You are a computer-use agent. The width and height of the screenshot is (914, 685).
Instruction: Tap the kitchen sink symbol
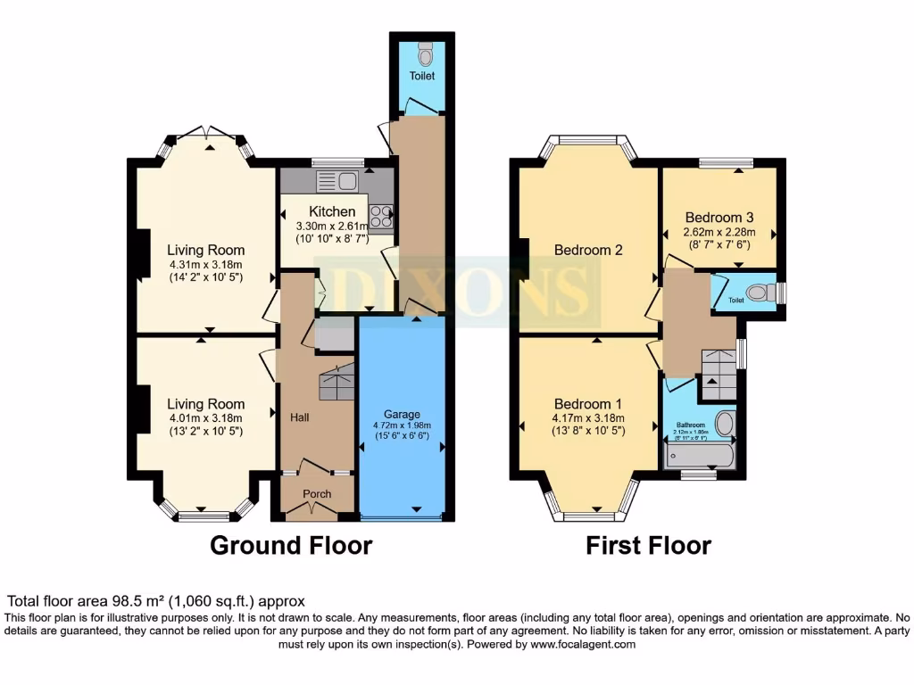tap(336, 181)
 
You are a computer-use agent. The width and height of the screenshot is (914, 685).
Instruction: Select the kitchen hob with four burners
tap(381, 217)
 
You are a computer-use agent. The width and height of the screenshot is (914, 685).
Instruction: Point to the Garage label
tap(402, 414)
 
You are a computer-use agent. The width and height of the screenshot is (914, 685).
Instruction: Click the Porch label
tap(317, 494)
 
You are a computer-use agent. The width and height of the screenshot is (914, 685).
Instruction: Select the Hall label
tap(299, 417)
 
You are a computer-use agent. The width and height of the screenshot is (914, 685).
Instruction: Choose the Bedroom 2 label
tap(588, 250)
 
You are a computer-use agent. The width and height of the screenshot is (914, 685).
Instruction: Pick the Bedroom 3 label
tap(719, 218)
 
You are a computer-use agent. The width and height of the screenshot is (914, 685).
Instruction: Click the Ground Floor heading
tap(291, 545)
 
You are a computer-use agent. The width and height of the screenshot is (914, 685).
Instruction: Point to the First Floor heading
tap(648, 545)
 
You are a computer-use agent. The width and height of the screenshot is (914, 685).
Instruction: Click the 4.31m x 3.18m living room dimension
tap(206, 265)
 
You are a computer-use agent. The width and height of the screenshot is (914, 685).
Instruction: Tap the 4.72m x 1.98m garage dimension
tap(402, 426)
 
